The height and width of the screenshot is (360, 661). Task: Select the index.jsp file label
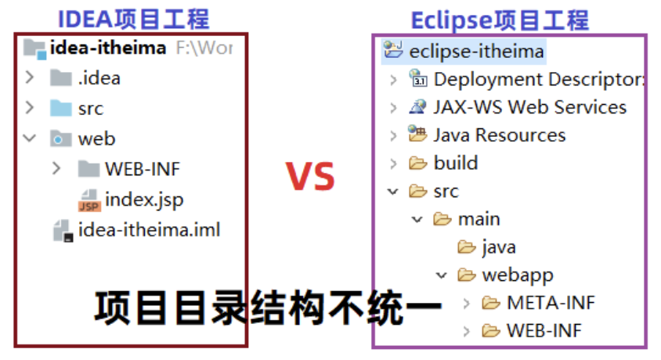click(144, 200)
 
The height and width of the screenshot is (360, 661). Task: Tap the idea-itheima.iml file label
click(149, 230)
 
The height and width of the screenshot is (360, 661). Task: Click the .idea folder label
click(99, 78)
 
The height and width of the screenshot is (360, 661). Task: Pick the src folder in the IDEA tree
click(91, 109)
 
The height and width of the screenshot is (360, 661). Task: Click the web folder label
click(96, 139)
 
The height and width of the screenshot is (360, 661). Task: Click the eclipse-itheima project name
click(476, 52)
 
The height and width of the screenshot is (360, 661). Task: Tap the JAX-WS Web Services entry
click(529, 107)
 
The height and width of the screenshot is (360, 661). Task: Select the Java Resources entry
click(499, 135)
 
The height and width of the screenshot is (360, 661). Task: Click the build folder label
click(455, 163)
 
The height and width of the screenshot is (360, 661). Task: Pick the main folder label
click(479, 219)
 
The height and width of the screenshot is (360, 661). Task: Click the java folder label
click(498, 247)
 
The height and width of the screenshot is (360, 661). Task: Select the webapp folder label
click(517, 275)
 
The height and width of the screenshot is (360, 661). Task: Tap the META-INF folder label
click(545, 303)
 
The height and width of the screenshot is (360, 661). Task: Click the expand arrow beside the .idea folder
click(30, 78)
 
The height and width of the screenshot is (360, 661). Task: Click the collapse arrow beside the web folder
click(30, 139)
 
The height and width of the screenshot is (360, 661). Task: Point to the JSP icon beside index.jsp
click(89, 200)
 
